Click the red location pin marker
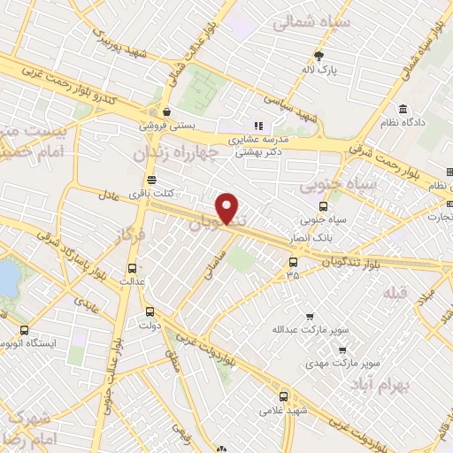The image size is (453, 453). pyautogui.click(x=228, y=207)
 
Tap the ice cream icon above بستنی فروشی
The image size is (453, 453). pyautogui.click(x=166, y=111)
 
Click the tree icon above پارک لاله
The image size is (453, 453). pyautogui.click(x=319, y=55)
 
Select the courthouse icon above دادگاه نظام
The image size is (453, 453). pyautogui.click(x=403, y=109)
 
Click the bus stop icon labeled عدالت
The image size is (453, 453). pyautogui.click(x=133, y=268)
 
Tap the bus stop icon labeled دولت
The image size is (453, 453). pyautogui.click(x=149, y=311)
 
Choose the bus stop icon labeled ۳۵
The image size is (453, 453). pyautogui.click(x=293, y=261)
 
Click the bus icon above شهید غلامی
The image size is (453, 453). pyautogui.click(x=284, y=396)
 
